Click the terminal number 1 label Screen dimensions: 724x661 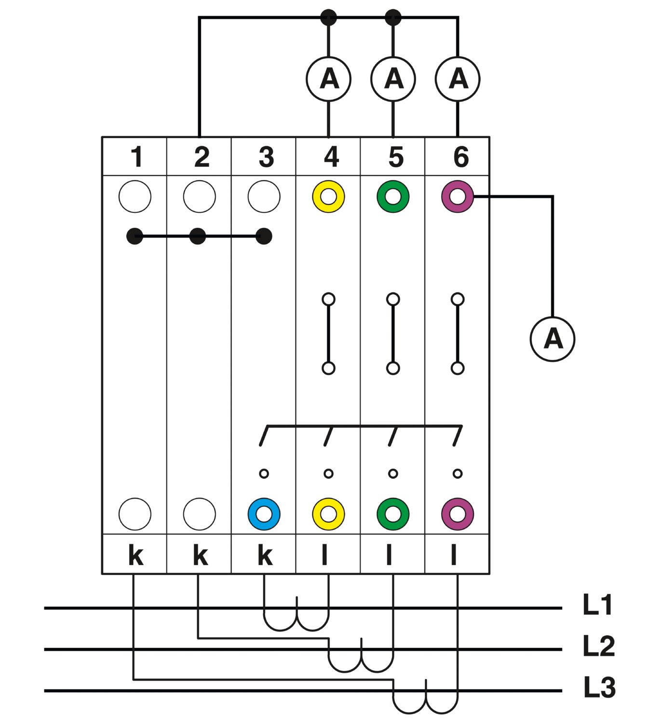click(x=137, y=157)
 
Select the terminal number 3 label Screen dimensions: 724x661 click(x=266, y=157)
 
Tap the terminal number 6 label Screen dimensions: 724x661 click(x=460, y=157)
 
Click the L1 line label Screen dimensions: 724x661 click(x=598, y=605)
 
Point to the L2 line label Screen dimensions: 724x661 click(x=598, y=646)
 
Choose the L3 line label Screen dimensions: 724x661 click(x=599, y=687)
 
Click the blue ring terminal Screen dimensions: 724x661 click(x=264, y=514)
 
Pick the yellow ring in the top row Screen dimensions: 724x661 click(x=328, y=196)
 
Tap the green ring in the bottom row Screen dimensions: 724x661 click(x=393, y=514)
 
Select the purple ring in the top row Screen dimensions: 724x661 click(x=458, y=196)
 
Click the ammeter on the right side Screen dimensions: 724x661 click(x=553, y=339)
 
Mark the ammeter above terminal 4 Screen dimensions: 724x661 click(x=328, y=79)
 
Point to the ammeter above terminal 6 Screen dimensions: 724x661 click(x=458, y=79)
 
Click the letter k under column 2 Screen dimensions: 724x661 click(x=200, y=556)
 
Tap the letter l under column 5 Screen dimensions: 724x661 click(x=389, y=556)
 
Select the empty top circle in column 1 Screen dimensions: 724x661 click(x=135, y=196)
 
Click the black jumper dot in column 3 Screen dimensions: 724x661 click(x=264, y=237)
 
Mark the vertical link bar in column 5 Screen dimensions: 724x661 click(x=393, y=334)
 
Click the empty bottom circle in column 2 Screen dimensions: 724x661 click(x=200, y=514)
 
